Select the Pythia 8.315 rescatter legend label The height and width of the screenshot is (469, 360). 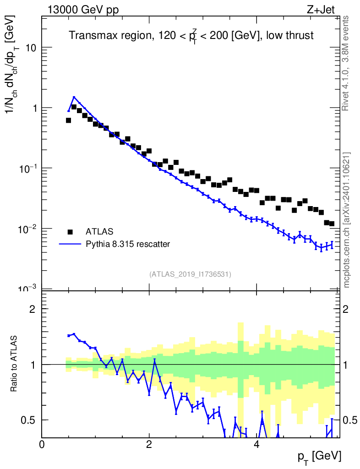[128, 244]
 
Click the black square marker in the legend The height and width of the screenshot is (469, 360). [70, 232]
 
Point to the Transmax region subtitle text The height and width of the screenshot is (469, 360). [191, 36]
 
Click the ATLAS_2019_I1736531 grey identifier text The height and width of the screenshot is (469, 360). [190, 274]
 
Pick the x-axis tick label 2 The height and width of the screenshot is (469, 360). [149, 444]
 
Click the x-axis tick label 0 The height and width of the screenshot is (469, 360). [42, 444]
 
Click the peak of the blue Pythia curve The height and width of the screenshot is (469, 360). [74, 97]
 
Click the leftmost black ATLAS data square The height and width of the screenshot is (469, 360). [69, 120]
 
